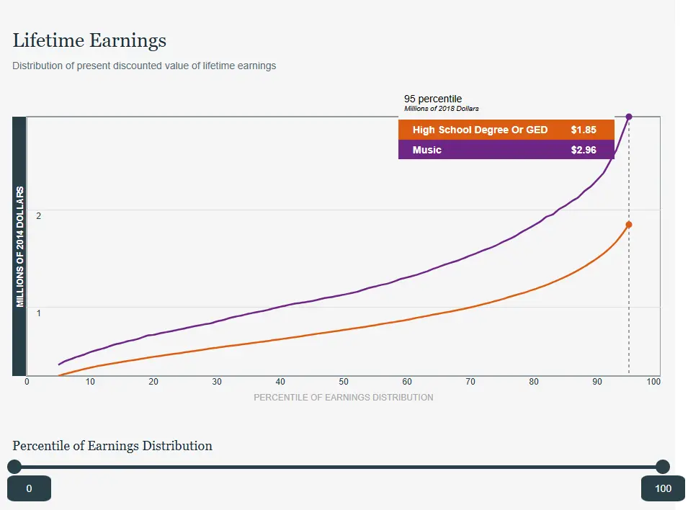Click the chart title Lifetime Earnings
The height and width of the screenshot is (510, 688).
pyautogui.click(x=89, y=40)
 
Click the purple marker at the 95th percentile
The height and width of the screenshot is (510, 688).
pyautogui.click(x=629, y=117)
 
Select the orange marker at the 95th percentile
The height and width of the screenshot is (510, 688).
pyautogui.click(x=629, y=225)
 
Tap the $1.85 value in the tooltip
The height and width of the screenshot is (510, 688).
pyautogui.click(x=584, y=130)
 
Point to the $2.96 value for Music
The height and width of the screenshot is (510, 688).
pyautogui.click(x=584, y=150)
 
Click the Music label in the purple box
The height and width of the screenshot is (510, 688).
pyautogui.click(x=427, y=150)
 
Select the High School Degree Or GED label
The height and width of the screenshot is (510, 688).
pyautogui.click(x=480, y=130)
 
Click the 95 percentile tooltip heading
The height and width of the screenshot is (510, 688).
pyautogui.click(x=433, y=99)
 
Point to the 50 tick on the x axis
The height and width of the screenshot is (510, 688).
pyautogui.click(x=344, y=382)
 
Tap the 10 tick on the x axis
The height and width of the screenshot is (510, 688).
pyautogui.click(x=90, y=382)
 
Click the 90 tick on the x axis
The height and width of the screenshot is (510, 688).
pyautogui.click(x=597, y=382)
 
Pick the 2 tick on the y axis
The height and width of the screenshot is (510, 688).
pyautogui.click(x=38, y=216)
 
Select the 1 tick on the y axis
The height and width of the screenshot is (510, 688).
pyautogui.click(x=38, y=313)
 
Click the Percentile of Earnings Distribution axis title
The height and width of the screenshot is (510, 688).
pyautogui.click(x=344, y=397)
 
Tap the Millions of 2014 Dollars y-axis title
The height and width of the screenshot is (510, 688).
pyautogui.click(x=20, y=246)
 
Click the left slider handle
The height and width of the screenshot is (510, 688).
pyautogui.click(x=14, y=467)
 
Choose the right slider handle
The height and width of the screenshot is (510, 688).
pyautogui.click(x=663, y=467)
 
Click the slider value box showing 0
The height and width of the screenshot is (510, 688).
pyautogui.click(x=29, y=488)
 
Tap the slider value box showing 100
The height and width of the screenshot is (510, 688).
pyautogui.click(x=663, y=488)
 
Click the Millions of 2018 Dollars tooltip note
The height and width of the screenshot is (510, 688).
pyautogui.click(x=442, y=109)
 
